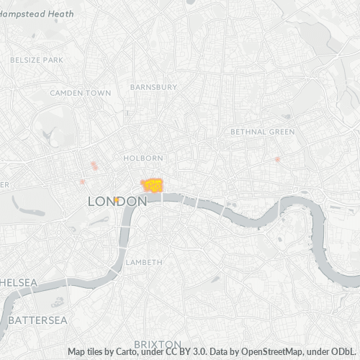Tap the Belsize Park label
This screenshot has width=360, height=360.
coord(32,60)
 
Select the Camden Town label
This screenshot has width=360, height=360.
coord(81,93)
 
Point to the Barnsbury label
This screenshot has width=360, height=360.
coord(153,86)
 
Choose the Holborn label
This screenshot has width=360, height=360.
coord(143,158)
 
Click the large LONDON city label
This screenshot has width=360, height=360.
coord(117,202)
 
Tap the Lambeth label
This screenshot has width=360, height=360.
coord(144,262)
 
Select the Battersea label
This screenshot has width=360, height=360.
coord(37,319)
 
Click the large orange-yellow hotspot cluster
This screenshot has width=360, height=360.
coord(153,186)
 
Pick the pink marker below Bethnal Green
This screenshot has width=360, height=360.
coord(277,159)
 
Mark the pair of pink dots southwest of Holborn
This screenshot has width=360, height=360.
coord(94,166)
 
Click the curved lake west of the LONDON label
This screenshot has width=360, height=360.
coord(27,210)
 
